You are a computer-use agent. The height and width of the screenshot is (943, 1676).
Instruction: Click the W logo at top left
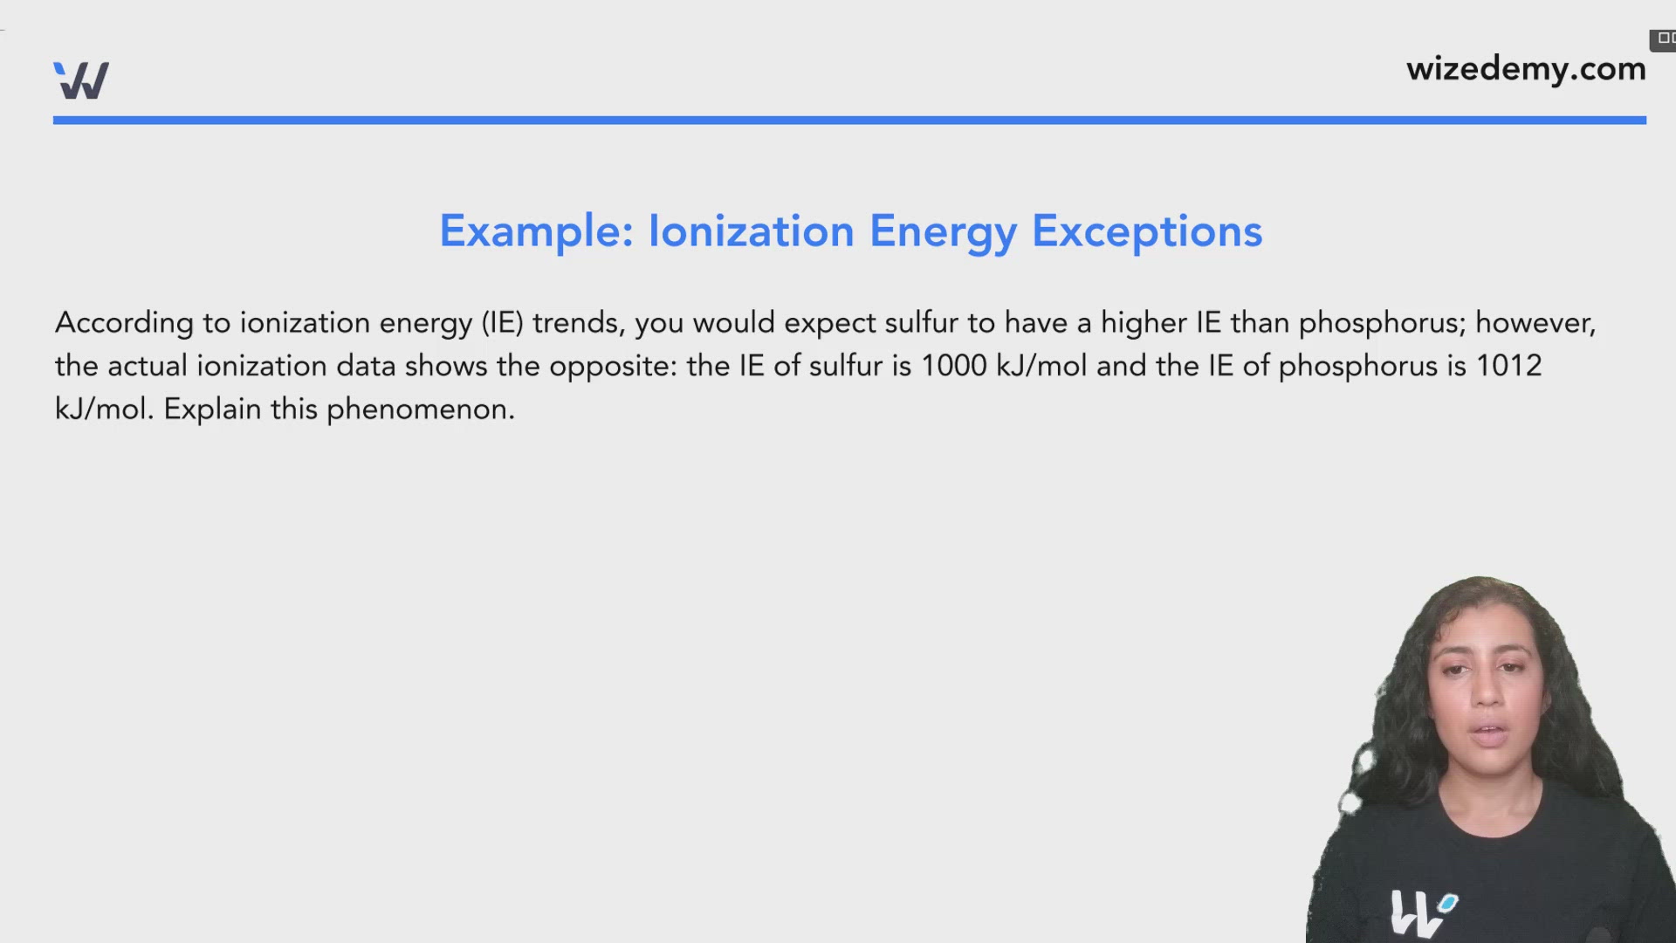click(x=81, y=80)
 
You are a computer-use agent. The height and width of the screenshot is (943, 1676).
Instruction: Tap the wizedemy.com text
click(x=1525, y=68)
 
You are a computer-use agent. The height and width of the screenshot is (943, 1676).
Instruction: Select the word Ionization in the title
click(x=751, y=231)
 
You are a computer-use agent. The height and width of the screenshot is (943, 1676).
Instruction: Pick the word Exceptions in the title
click(x=1147, y=232)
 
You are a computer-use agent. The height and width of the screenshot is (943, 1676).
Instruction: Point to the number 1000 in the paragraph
click(x=953, y=366)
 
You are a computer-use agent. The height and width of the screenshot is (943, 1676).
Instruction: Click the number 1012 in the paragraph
click(x=1508, y=366)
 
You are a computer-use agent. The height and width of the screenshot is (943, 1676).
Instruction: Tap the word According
click(x=124, y=324)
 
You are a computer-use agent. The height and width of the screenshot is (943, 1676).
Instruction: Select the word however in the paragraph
click(x=1535, y=323)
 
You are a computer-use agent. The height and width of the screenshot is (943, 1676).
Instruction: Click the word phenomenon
click(x=420, y=410)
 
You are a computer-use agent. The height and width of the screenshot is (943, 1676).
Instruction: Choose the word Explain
click(x=212, y=410)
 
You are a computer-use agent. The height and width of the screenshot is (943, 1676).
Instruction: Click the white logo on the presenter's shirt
click(x=1421, y=912)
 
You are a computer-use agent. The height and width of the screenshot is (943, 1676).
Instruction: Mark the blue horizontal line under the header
click(x=849, y=120)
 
